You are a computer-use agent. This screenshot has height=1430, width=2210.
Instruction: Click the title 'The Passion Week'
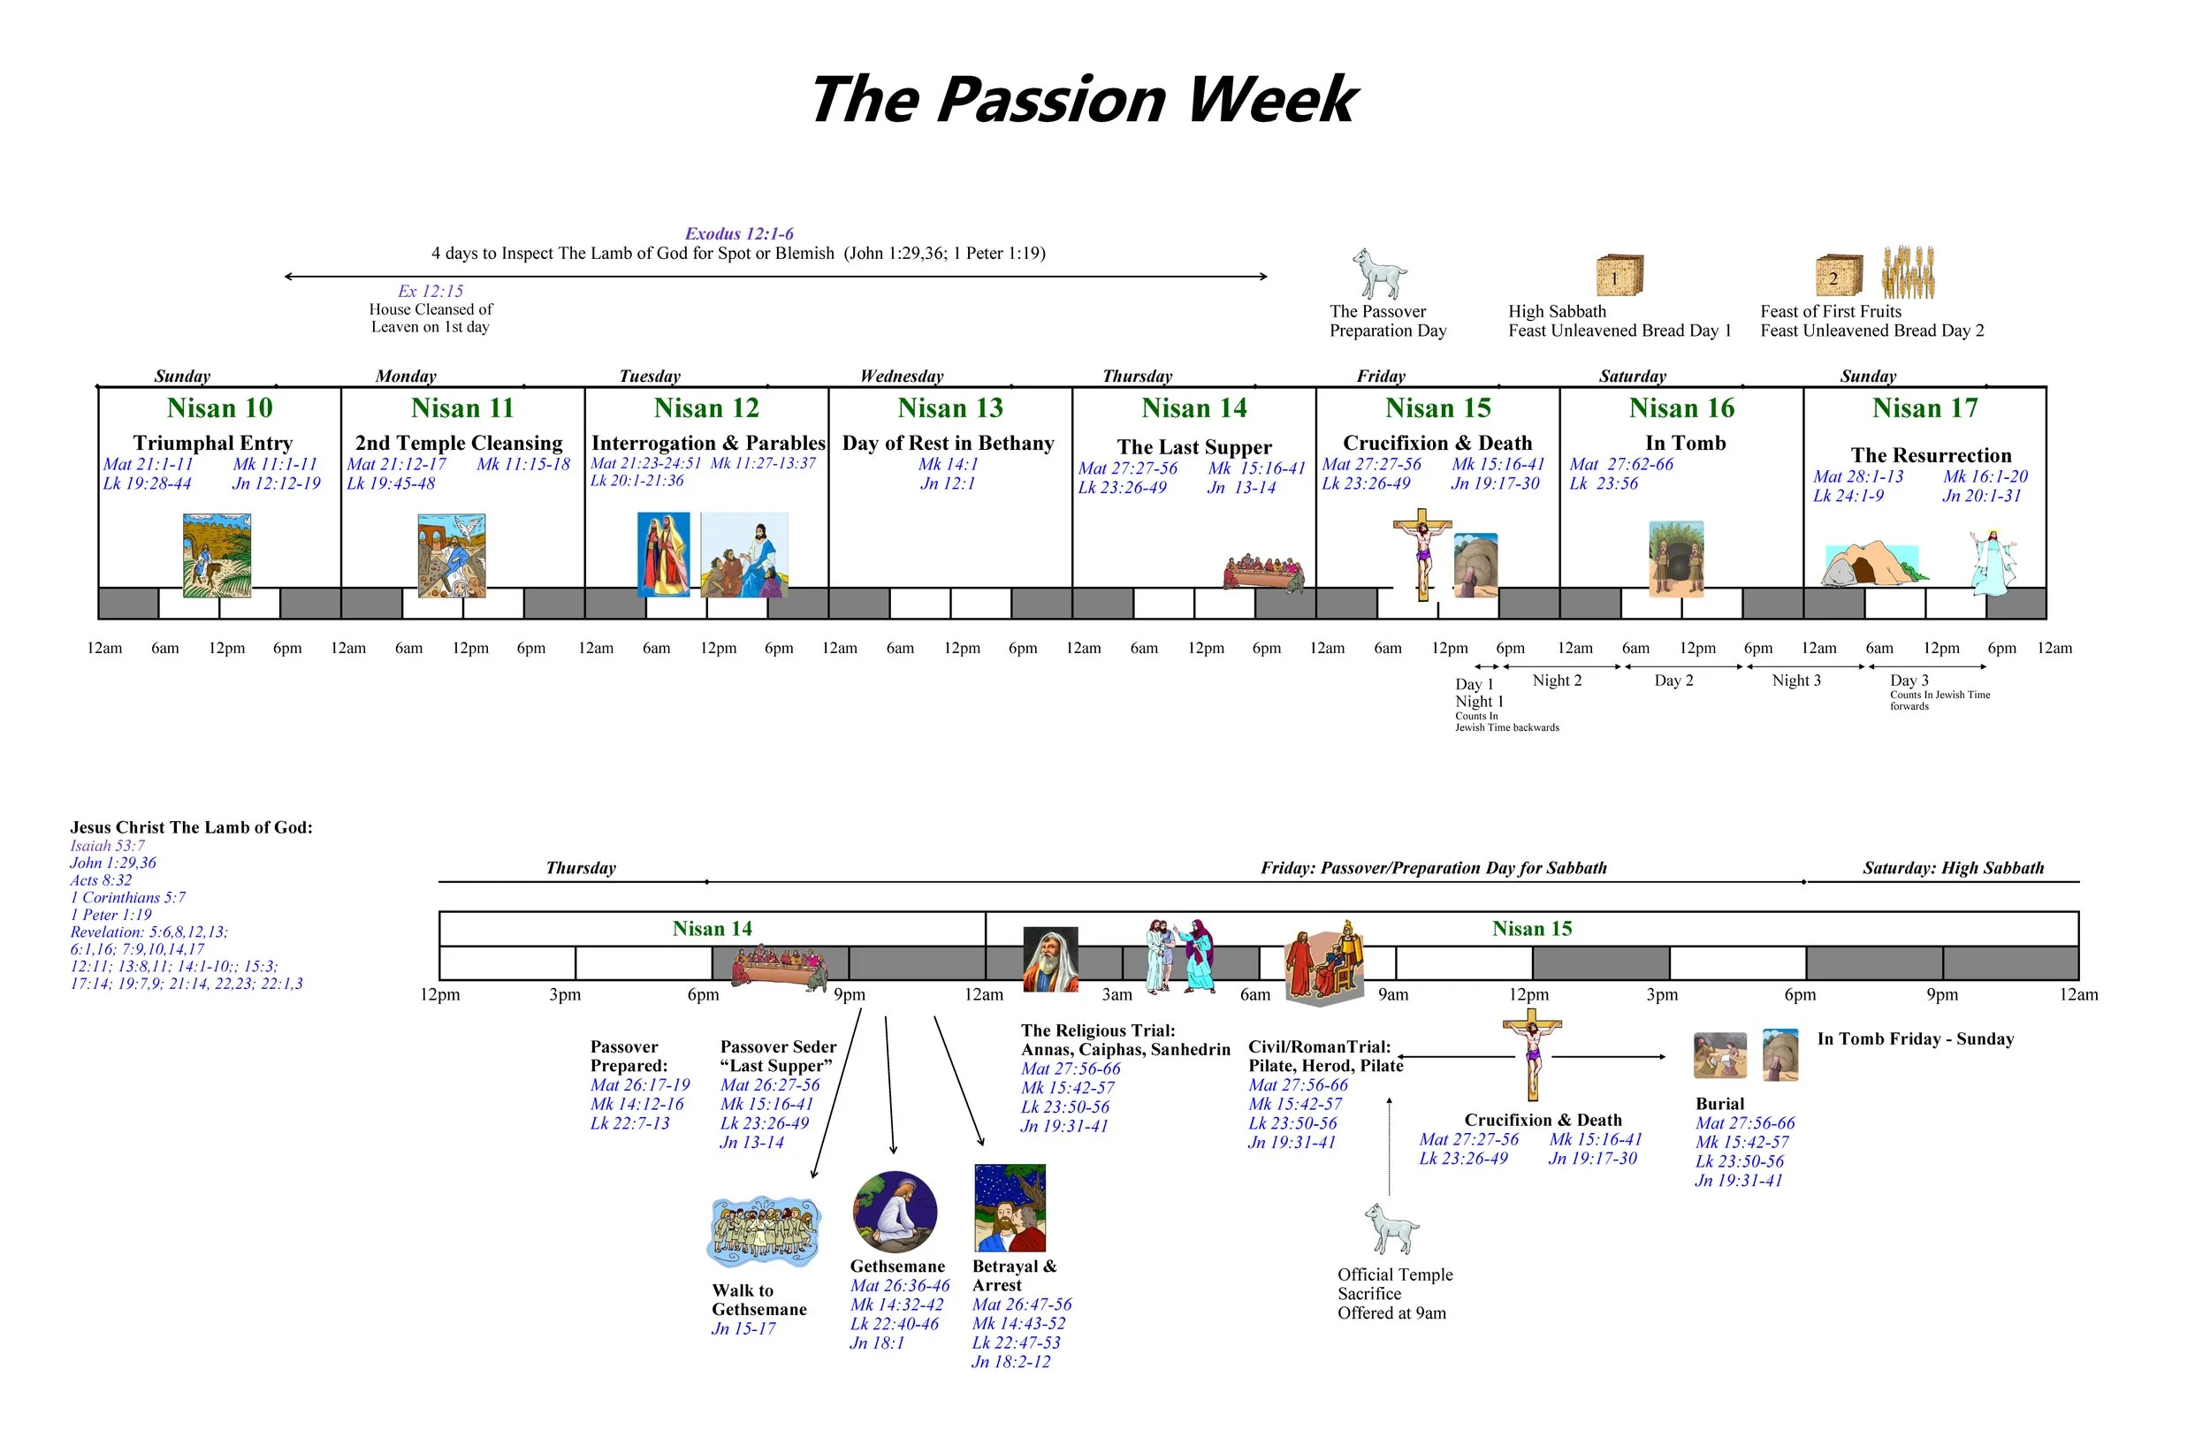tap(1083, 100)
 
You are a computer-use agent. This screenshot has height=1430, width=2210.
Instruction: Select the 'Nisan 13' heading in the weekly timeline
tap(950, 407)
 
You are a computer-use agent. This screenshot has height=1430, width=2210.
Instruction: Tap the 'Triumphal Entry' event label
tap(213, 443)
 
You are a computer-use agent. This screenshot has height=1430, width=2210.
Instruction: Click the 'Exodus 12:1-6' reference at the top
tap(739, 234)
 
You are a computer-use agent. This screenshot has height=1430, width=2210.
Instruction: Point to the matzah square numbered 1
tap(1619, 277)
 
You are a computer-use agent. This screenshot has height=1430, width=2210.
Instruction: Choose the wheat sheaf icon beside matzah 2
tap(1909, 273)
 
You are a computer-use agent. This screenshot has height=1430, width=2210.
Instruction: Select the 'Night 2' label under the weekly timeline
tap(1558, 681)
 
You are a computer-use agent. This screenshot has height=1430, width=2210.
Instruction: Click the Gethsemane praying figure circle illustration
tap(895, 1212)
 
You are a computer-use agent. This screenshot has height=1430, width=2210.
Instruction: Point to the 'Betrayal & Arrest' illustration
tap(1010, 1208)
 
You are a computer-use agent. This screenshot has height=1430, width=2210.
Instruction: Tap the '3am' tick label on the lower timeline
tap(1117, 994)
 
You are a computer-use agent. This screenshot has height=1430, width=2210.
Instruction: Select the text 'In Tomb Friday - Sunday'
tap(1915, 1039)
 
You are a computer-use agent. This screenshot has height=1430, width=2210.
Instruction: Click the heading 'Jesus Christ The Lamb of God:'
tap(191, 827)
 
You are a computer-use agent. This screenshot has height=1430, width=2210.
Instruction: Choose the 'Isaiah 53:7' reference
tap(108, 846)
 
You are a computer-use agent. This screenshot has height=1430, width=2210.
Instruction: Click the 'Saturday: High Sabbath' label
tap(1953, 868)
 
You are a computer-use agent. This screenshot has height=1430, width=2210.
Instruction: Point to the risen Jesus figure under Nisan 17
tap(1993, 562)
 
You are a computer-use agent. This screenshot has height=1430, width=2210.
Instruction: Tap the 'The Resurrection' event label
tap(1931, 455)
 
